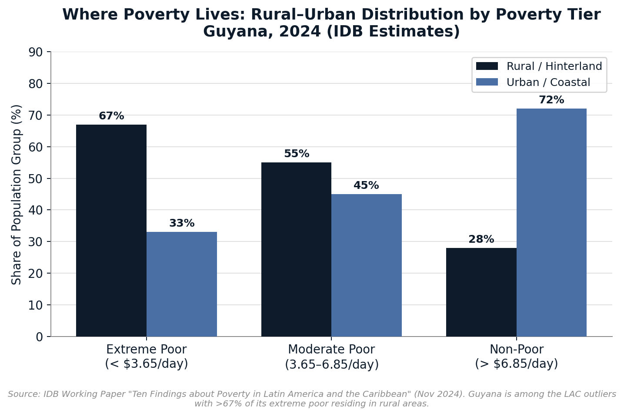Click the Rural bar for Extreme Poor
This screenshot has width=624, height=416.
[x=111, y=230]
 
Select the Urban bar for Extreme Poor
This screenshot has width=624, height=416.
[x=182, y=284]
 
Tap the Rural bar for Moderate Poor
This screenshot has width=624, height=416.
[x=296, y=249]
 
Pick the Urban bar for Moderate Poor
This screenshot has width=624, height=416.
[x=367, y=265]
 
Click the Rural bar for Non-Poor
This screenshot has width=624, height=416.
[x=481, y=292]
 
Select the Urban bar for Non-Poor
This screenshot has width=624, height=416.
[x=551, y=222]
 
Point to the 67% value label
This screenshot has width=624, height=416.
[x=111, y=116]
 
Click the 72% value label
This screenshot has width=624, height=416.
[x=551, y=100]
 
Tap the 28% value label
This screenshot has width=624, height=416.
[x=481, y=240]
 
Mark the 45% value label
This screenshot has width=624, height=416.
[x=366, y=186]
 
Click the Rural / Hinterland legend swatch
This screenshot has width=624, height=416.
[x=487, y=66]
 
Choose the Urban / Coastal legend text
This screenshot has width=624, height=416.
[x=548, y=83]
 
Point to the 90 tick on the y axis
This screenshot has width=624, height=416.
[x=36, y=52]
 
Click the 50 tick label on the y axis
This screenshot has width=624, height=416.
[x=36, y=179]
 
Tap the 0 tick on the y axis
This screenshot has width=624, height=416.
[x=39, y=337]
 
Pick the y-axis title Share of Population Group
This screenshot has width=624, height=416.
[x=17, y=195]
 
